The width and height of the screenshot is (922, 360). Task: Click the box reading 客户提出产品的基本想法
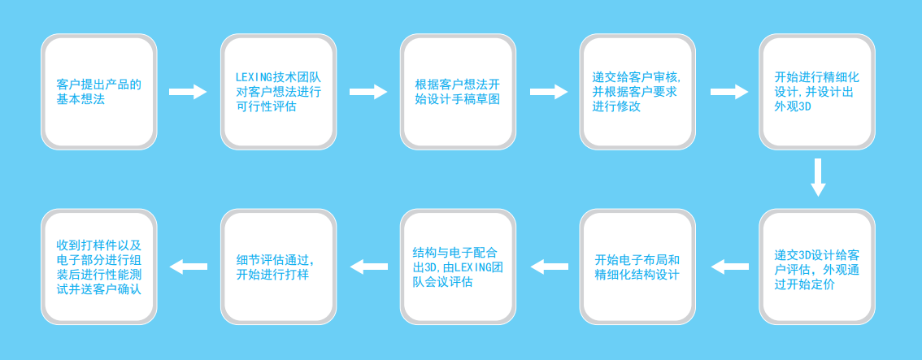[99, 92]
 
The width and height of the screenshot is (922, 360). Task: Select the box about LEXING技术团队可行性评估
[279, 92]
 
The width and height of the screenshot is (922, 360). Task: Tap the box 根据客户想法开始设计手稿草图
[458, 92]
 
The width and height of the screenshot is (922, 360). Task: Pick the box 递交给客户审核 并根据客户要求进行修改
[637, 92]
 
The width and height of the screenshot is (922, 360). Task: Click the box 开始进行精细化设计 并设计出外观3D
[817, 92]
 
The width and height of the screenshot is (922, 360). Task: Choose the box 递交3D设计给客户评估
[817, 267]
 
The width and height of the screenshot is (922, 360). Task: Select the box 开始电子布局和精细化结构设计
[637, 267]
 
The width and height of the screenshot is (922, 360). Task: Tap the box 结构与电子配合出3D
[458, 267]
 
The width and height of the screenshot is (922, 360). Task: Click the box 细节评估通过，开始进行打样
[279, 267]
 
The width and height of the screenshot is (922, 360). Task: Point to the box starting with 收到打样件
[99, 267]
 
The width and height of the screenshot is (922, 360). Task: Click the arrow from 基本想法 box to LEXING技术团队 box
[188, 92]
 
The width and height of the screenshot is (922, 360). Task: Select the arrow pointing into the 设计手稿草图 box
[368, 92]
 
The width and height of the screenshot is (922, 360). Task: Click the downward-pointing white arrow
[818, 177]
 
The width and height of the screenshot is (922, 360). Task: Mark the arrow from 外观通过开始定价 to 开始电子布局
[729, 267]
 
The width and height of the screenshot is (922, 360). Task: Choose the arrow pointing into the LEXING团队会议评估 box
[549, 267]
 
